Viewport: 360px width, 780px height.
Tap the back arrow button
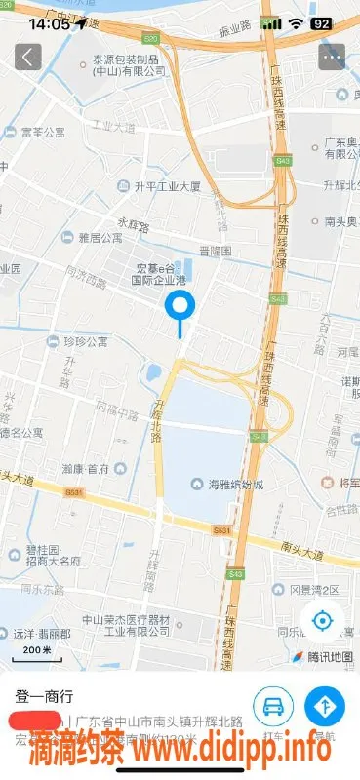27,57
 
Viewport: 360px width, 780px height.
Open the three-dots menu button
332,57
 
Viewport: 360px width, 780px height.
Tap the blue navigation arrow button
324,705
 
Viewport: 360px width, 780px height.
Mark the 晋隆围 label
215,251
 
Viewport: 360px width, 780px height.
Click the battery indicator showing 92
320,22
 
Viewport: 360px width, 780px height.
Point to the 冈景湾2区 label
313,590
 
